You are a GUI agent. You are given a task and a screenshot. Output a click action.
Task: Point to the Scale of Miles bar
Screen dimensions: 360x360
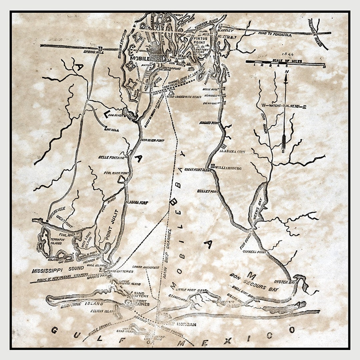pyautogui.click(x=285, y=62)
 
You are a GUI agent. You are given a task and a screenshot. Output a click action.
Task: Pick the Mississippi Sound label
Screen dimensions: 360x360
pyautogui.click(x=54, y=271)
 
